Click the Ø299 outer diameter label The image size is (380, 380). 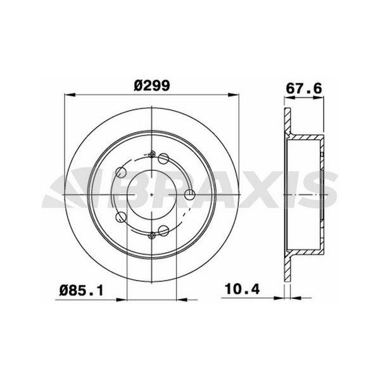(x=152, y=85)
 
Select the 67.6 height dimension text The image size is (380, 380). (x=304, y=89)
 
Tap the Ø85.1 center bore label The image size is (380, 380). (x=82, y=290)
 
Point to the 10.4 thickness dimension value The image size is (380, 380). (x=243, y=289)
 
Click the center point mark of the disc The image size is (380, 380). (x=151, y=194)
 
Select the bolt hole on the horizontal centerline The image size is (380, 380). (x=189, y=194)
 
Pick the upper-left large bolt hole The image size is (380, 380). (x=121, y=172)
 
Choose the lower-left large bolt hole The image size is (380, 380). (x=121, y=217)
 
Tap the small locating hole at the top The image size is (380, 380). (x=152, y=154)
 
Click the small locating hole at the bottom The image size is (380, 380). (x=152, y=235)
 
